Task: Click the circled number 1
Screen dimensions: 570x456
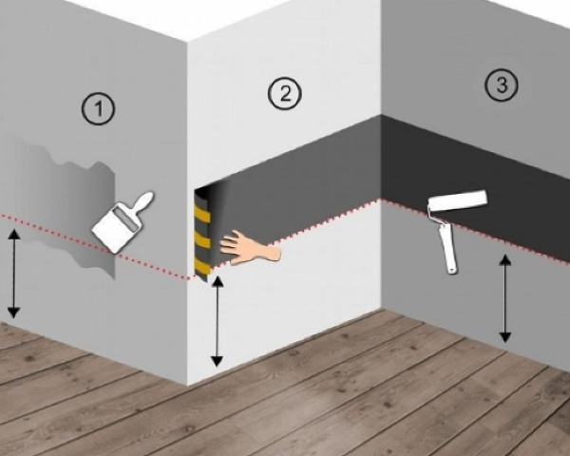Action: tap(98, 108)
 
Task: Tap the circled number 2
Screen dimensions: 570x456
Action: tap(285, 93)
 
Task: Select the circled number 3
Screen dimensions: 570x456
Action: tap(502, 85)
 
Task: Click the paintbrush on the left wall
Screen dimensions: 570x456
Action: tap(122, 222)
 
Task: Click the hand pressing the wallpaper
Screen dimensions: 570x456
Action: tap(250, 247)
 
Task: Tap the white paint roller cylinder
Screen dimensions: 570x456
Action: tap(458, 200)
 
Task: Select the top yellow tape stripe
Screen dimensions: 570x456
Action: tap(203, 215)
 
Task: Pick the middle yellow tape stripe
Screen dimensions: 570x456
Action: tap(202, 239)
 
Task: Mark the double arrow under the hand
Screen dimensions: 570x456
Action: tap(217, 321)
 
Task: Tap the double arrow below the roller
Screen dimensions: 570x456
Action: tap(504, 298)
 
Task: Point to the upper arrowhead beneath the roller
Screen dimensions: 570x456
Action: tap(504, 259)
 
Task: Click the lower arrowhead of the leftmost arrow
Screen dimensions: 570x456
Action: tap(14, 313)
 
